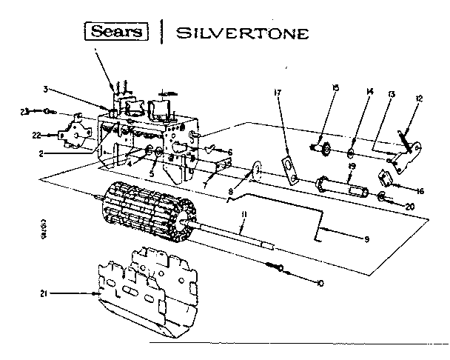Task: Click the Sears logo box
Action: [x=118, y=33]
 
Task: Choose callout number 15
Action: [x=335, y=88]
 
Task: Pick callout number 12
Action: [x=418, y=99]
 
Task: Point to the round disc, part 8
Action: [x=255, y=172]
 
